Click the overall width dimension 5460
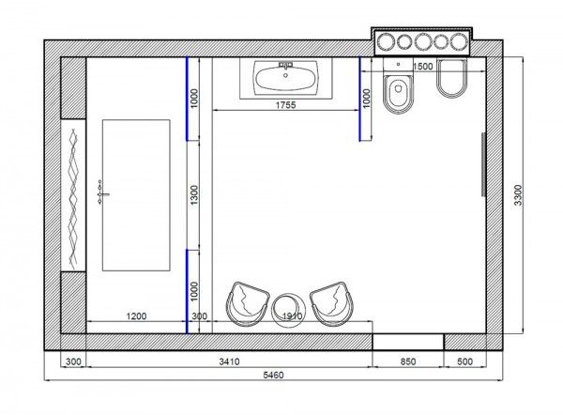(273, 376)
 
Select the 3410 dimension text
(230, 361)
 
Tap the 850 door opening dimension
(408, 361)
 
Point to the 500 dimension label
(465, 361)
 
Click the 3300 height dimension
(518, 195)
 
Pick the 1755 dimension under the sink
(286, 105)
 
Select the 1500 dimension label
(422, 67)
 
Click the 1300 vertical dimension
(194, 195)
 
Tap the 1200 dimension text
(136, 316)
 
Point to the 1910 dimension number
(292, 316)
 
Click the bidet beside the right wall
(451, 78)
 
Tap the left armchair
(248, 304)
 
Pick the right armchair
(332, 304)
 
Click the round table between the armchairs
(289, 309)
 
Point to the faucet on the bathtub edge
(101, 194)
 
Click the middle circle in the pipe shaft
(423, 41)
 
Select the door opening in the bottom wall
(408, 342)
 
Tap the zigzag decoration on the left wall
(73, 199)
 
